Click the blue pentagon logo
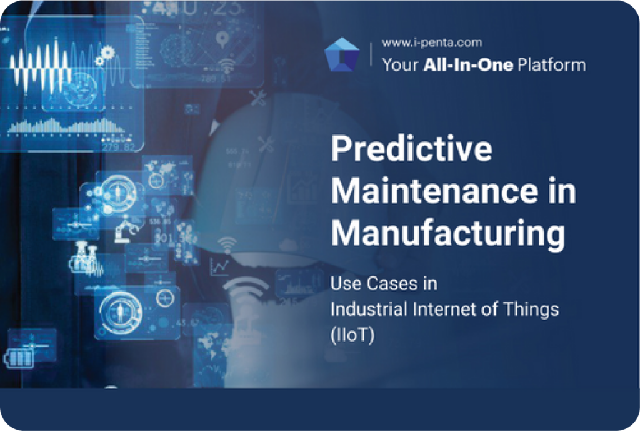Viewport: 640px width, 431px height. point(342,55)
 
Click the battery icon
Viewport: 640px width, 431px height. point(20,358)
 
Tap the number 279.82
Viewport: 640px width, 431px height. point(118,148)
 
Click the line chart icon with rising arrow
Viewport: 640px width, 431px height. point(219,266)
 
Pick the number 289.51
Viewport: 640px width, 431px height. point(216,79)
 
